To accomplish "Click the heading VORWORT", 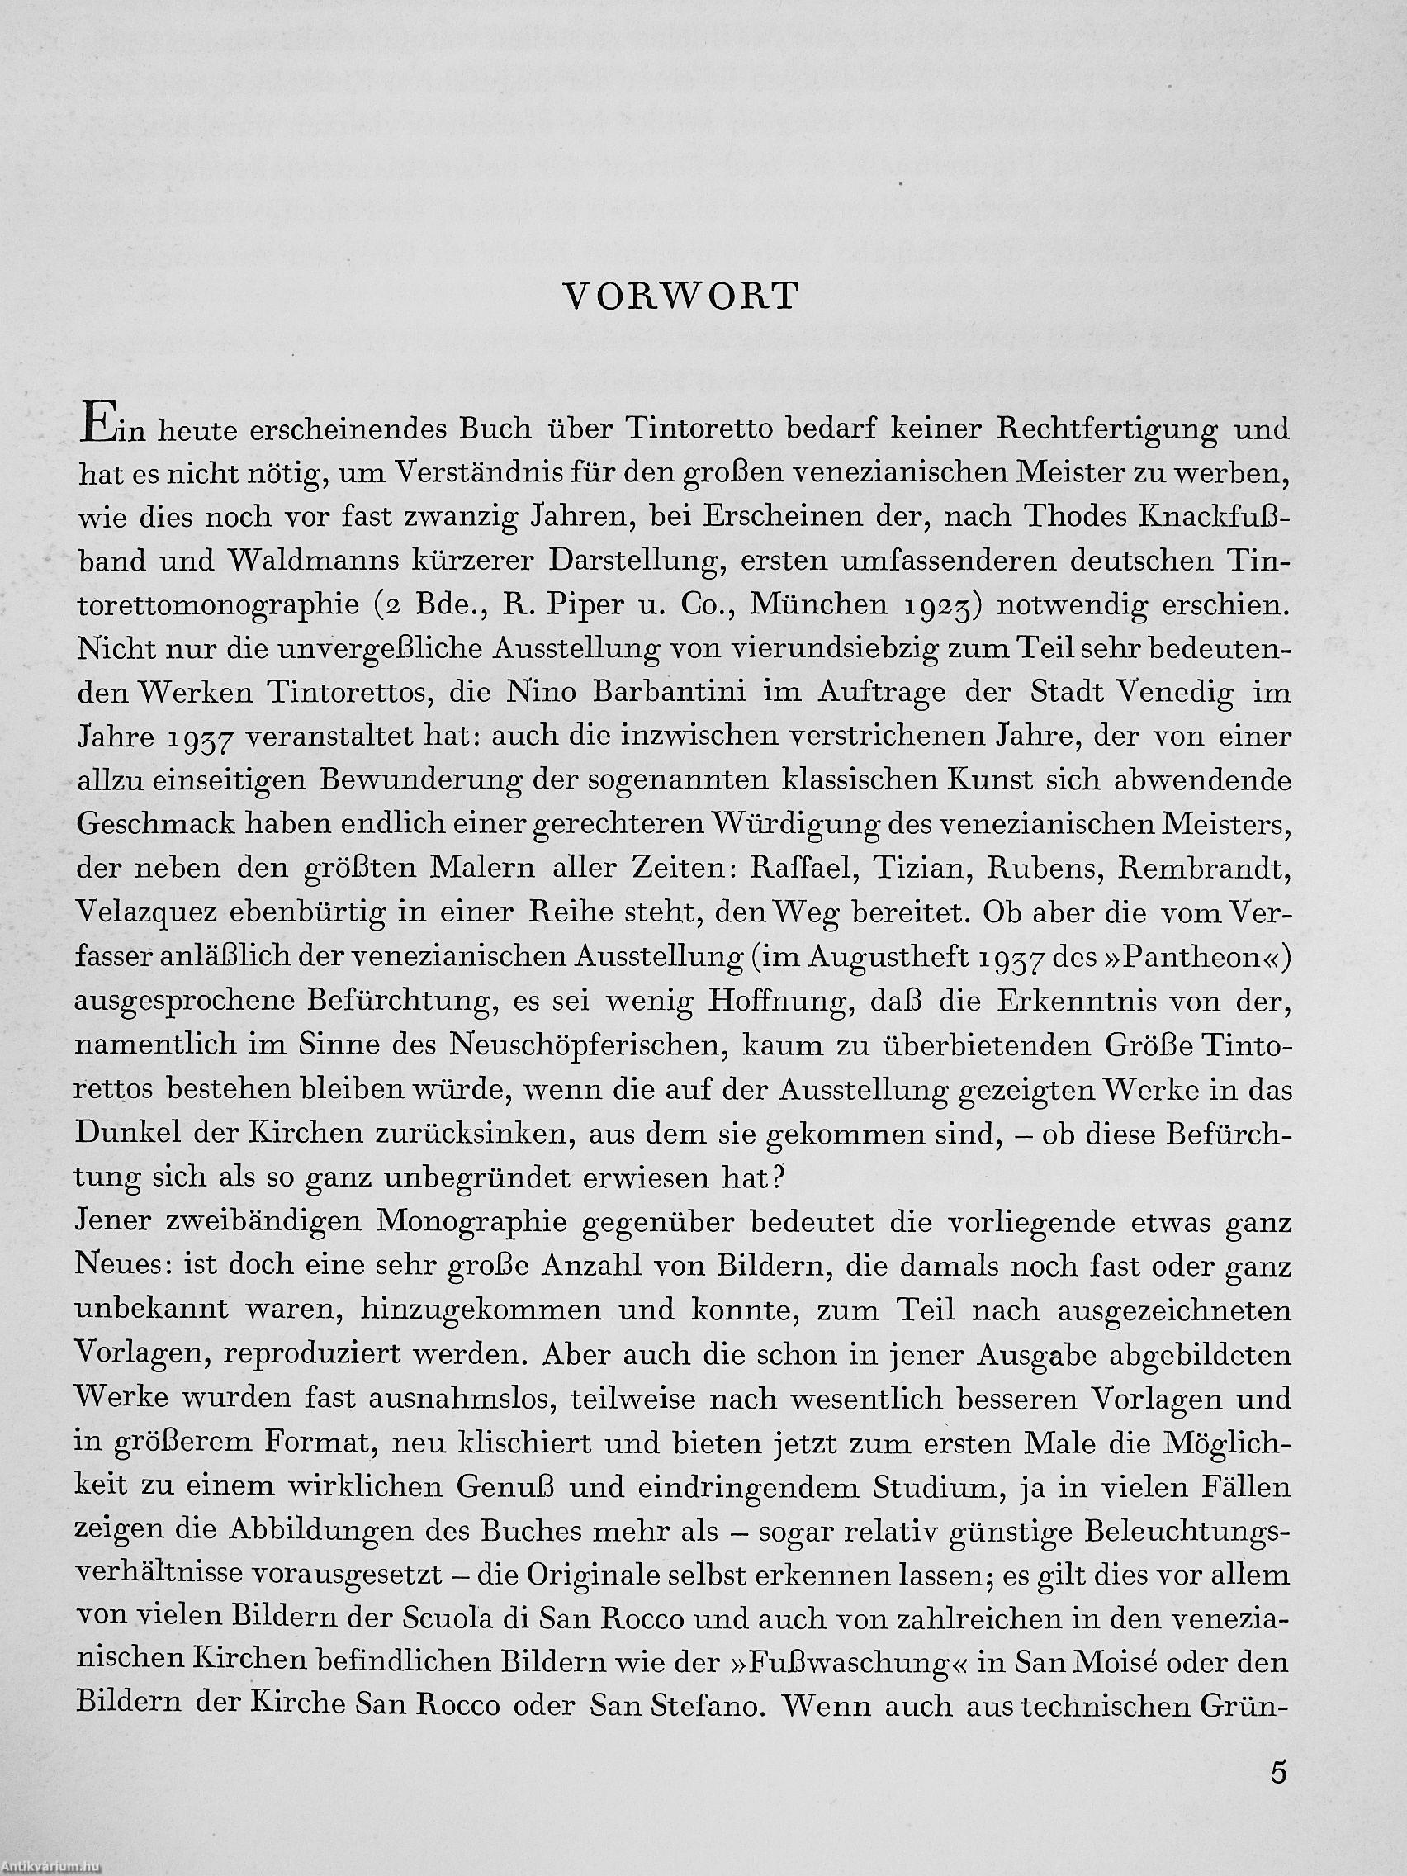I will point(682,296).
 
